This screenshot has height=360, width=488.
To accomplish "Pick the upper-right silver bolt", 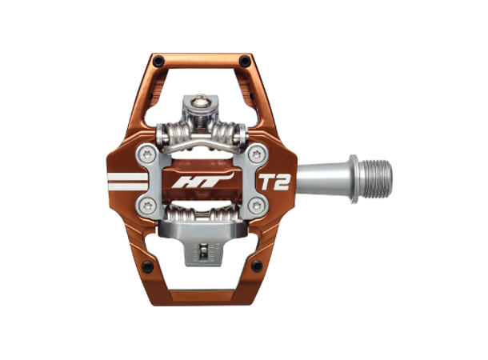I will [x=256, y=154].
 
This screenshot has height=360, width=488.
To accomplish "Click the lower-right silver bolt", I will [x=256, y=207].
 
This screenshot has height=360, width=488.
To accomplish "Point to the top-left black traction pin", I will [x=157, y=61].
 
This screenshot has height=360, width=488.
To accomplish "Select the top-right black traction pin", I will [x=245, y=61].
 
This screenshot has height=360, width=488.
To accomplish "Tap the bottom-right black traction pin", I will [x=256, y=266].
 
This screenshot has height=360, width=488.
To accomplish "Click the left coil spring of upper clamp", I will [x=175, y=131].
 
